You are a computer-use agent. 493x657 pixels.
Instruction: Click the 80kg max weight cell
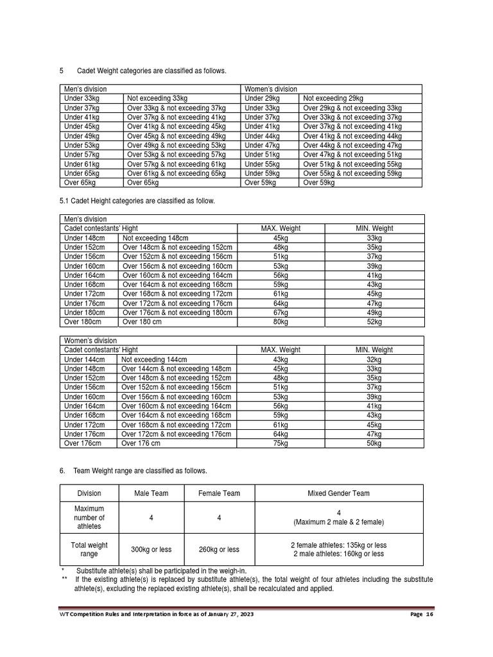click(x=281, y=321)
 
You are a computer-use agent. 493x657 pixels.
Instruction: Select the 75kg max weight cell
click(x=281, y=443)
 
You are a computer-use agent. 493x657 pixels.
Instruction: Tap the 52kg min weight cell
click(x=374, y=321)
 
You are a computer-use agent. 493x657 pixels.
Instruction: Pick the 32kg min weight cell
click(x=374, y=359)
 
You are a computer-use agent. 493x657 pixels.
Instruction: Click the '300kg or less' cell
click(x=151, y=550)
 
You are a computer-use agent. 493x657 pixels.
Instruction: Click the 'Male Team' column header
click(x=151, y=493)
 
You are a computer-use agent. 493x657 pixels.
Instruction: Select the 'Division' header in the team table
click(x=89, y=493)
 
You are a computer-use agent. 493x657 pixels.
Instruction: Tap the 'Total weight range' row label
click(x=89, y=550)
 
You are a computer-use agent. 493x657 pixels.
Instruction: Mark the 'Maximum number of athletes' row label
click(x=89, y=517)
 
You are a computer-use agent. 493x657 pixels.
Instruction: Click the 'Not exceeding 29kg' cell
click(x=333, y=98)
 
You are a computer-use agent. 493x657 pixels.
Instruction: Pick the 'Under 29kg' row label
click(x=263, y=98)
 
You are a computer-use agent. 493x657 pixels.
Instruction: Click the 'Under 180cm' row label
click(x=84, y=312)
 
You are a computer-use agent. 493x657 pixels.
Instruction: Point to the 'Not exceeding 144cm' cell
click(x=154, y=359)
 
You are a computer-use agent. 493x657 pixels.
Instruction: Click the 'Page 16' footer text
click(x=421, y=615)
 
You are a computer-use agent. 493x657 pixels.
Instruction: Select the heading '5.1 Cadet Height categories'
click(x=137, y=201)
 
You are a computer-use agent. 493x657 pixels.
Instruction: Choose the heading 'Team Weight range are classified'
click(x=140, y=471)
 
